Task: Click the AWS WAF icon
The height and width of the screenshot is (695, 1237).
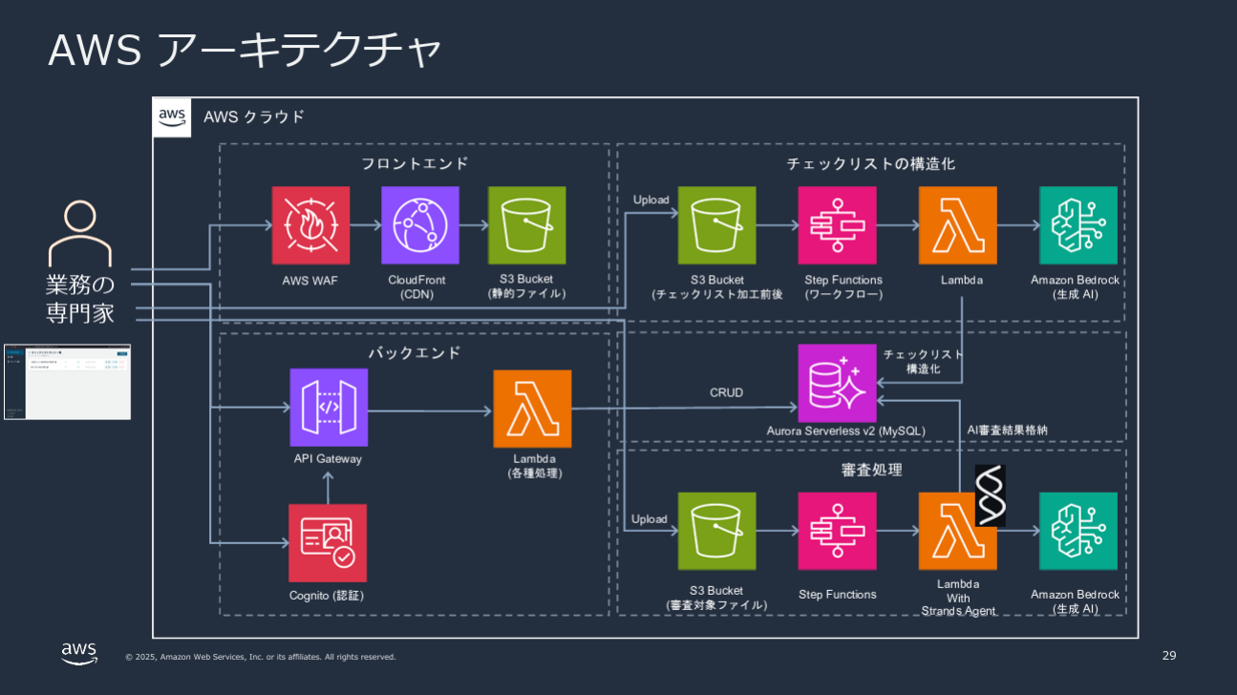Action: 310,225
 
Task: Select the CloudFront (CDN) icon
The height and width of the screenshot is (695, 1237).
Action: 419,225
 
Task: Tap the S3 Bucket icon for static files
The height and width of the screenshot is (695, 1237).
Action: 526,225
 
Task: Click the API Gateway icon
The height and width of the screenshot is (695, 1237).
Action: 329,408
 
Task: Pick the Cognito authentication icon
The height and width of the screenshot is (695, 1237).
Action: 328,543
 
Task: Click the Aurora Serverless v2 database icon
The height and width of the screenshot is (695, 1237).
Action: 837,383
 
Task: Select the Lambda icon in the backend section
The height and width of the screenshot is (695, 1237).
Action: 532,409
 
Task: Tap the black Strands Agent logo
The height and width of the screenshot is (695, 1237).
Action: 990,495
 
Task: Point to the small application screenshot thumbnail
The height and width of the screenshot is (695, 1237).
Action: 67,382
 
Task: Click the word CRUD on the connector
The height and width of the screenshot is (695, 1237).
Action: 726,392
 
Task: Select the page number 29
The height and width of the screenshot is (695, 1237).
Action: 1169,656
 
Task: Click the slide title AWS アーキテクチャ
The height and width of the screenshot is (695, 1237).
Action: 245,51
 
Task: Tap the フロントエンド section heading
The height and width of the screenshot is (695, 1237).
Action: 415,163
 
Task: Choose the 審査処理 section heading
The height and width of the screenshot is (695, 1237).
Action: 870,470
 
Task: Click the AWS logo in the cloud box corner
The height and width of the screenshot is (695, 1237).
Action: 172,116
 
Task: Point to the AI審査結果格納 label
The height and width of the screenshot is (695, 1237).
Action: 1007,431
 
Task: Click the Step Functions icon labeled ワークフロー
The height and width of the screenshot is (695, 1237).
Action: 837,225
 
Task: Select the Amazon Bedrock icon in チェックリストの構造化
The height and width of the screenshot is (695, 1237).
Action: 1077,225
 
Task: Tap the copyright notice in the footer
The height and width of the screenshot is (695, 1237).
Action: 260,657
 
